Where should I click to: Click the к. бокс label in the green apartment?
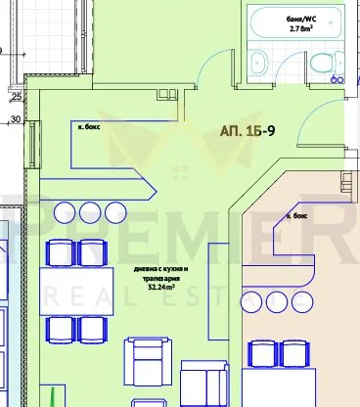[92, 126]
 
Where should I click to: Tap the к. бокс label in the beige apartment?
[298, 214]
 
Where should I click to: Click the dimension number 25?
[17, 97]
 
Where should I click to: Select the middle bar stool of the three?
[90, 210]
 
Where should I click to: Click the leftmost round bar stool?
[66, 210]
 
